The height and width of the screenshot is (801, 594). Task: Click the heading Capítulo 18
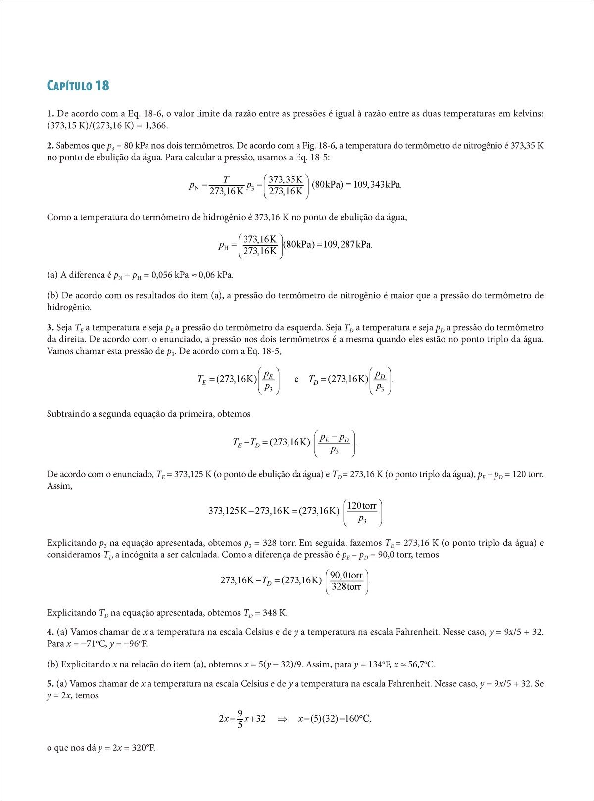coord(78,86)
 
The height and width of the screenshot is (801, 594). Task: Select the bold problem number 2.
coord(50,146)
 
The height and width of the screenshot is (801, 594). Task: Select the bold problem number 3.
coord(50,328)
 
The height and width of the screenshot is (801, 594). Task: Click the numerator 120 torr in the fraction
coord(362,506)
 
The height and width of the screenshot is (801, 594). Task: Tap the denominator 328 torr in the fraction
coord(346,587)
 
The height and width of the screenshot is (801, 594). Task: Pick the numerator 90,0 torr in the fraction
coord(346,575)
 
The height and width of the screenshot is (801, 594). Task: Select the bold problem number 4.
coord(50,632)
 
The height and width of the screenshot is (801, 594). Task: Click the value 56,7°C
coord(420,665)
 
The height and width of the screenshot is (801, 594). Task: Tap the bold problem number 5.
coord(50,684)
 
